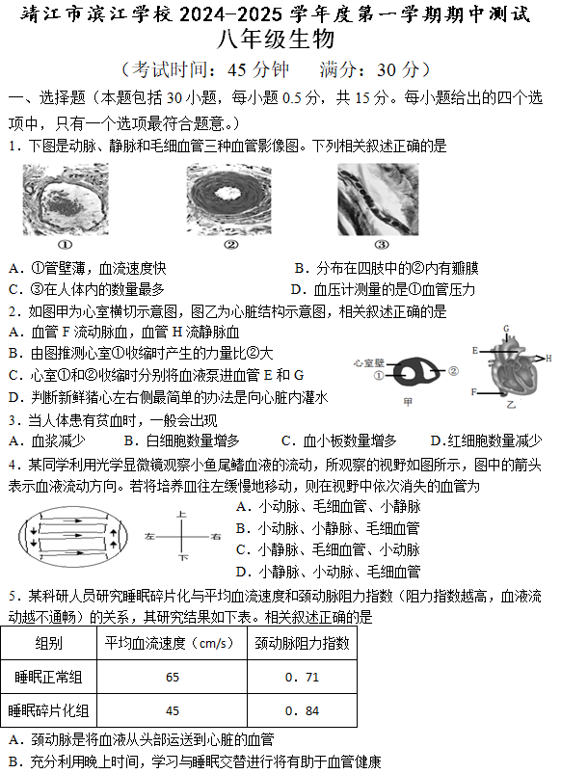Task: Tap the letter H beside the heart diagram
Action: coord(548,358)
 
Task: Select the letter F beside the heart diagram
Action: coord(473,392)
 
